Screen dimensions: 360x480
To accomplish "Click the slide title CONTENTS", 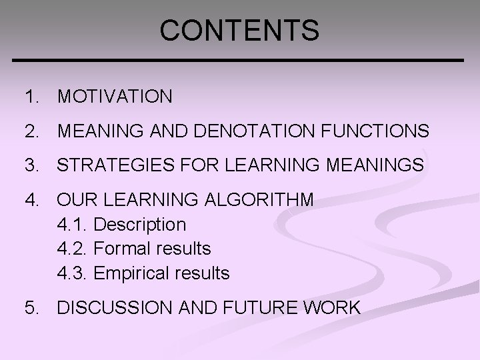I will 240,29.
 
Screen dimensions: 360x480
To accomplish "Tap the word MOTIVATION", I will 115,97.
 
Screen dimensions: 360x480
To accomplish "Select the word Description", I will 140,225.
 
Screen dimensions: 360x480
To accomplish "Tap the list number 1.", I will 29,97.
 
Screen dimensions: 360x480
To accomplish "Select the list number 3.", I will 29,165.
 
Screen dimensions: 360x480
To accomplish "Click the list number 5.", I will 29,308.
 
